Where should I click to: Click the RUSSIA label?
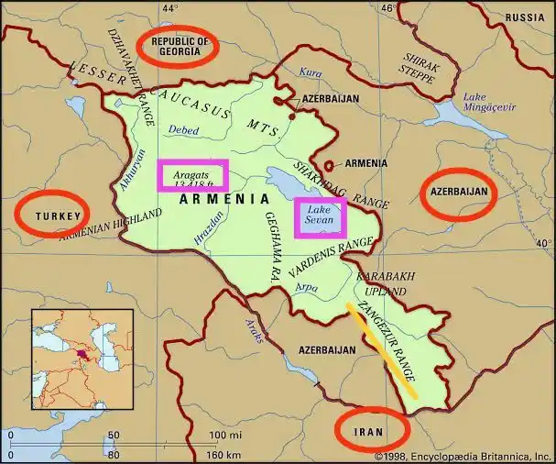pos(525,17)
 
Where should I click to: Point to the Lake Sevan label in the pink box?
pos(321,216)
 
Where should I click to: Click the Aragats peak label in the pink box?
pos(191,175)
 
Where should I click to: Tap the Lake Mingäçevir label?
pos(485,102)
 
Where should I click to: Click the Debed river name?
pos(183,131)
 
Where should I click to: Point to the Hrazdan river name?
pos(209,226)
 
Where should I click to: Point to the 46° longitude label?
pos(387,8)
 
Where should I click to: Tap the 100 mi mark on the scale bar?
pos(223,435)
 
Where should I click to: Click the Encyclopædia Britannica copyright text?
pos(463,455)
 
